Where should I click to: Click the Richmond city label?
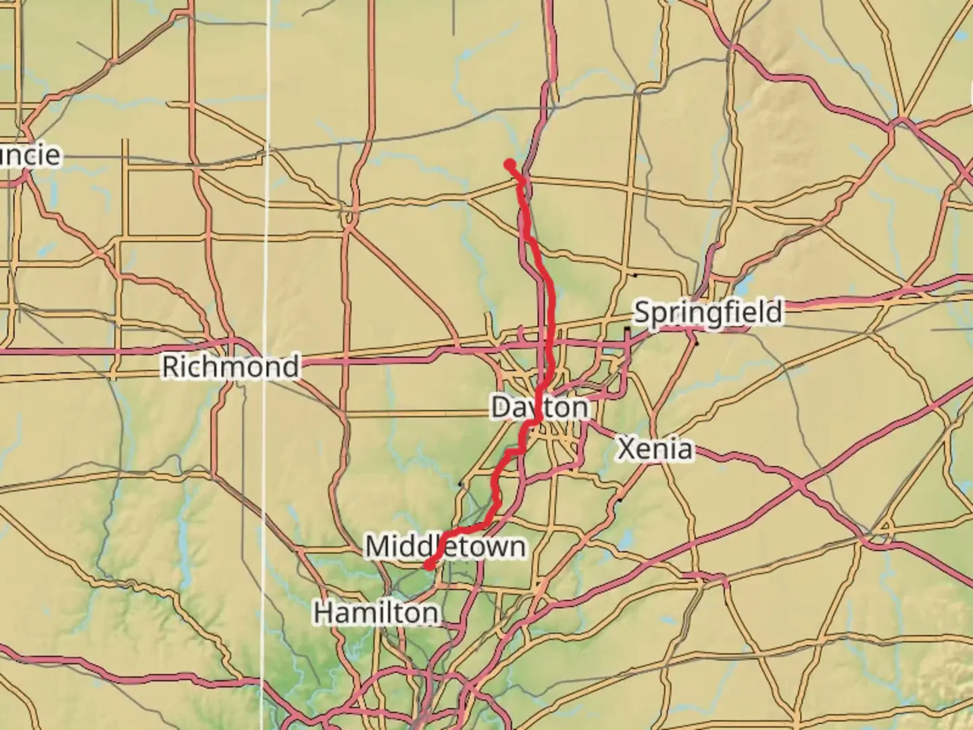click(x=230, y=366)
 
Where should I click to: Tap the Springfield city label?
click(x=709, y=312)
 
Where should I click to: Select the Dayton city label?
click(x=539, y=408)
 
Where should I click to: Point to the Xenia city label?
click(x=655, y=449)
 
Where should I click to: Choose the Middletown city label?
click(x=445, y=546)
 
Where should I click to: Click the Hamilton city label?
click(x=376, y=613)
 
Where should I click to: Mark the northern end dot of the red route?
click(x=509, y=163)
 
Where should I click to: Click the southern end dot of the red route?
click(x=428, y=566)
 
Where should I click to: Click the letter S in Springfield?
click(x=643, y=313)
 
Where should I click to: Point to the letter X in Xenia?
click(x=626, y=449)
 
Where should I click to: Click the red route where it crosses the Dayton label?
click(x=539, y=408)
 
